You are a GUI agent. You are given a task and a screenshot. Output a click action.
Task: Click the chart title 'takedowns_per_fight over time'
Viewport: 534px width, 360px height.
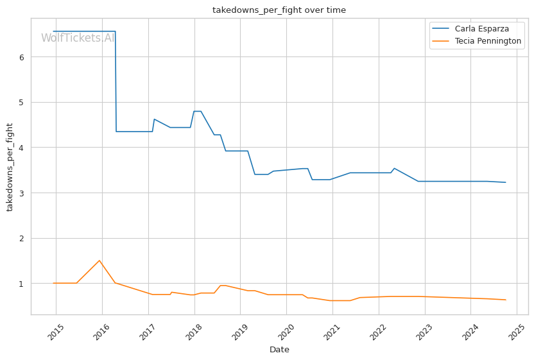279,10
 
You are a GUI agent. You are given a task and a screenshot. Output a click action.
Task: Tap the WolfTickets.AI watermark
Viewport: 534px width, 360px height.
78,39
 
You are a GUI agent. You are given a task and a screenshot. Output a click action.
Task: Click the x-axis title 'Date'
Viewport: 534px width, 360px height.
279,350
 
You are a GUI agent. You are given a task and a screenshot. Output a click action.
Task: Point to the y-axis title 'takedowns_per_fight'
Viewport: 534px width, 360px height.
10,167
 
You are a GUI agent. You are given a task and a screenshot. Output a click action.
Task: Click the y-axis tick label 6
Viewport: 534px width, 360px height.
21,57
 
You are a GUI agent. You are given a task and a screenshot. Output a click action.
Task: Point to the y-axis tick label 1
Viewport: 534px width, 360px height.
21,284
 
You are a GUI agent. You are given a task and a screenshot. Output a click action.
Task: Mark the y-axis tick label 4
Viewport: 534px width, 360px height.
21,148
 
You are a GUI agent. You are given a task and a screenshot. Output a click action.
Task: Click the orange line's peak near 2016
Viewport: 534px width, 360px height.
99,261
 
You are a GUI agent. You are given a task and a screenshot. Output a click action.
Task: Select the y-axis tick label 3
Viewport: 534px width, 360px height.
21,193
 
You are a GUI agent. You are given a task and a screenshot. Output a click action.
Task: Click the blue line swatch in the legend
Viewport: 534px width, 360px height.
442,30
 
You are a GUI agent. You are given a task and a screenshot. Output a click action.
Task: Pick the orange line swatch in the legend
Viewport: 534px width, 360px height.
442,42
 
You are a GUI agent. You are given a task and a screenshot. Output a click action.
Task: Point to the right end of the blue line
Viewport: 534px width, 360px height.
506,182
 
